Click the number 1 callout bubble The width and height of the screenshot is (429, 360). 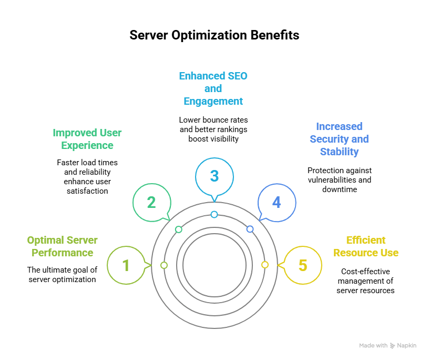[125, 265]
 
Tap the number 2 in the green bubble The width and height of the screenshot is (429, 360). [151, 203]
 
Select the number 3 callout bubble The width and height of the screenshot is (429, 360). [214, 176]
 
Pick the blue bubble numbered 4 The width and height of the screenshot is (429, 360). [277, 203]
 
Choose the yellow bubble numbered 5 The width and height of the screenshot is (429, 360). [302, 265]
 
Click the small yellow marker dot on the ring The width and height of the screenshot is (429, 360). [265, 265]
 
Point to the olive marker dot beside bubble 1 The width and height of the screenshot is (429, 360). [164, 265]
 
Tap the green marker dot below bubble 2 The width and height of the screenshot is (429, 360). [178, 229]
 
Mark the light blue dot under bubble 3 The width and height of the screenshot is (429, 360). [214, 214]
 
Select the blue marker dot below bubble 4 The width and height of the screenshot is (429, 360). [250, 229]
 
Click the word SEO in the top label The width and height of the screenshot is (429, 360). [236, 76]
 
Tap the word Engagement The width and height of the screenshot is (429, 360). [213, 101]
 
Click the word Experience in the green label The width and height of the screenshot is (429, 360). [87, 145]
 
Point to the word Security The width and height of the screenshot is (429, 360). [326, 139]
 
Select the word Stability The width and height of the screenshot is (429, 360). [339, 152]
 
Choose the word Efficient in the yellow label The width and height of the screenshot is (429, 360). [366, 240]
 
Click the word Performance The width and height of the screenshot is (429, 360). [63, 253]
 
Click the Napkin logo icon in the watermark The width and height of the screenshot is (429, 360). [392, 346]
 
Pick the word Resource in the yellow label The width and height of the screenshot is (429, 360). [354, 253]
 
